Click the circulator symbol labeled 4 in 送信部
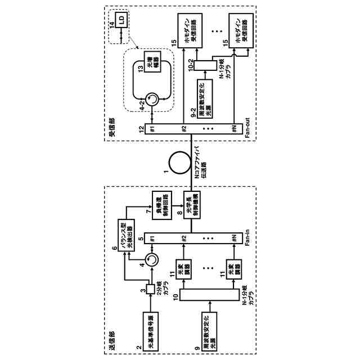click(152, 260)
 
